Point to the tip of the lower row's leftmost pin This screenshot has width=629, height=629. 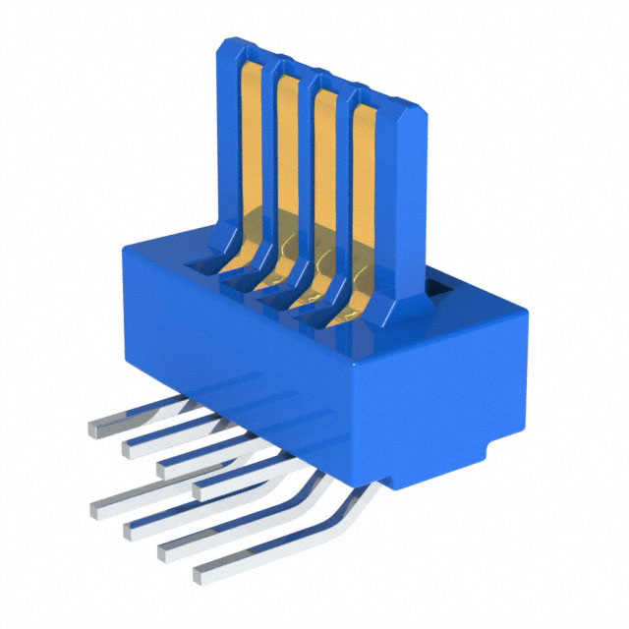tap(97, 509)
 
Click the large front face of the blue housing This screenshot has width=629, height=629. tap(246, 354)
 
